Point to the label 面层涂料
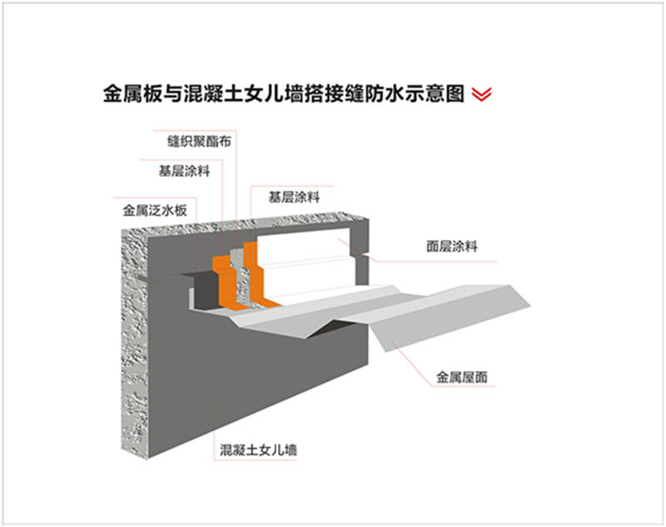pyautogui.click(x=450, y=246)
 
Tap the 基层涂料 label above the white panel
pyautogui.click(x=294, y=197)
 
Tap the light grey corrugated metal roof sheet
pyautogui.click(x=433, y=308)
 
